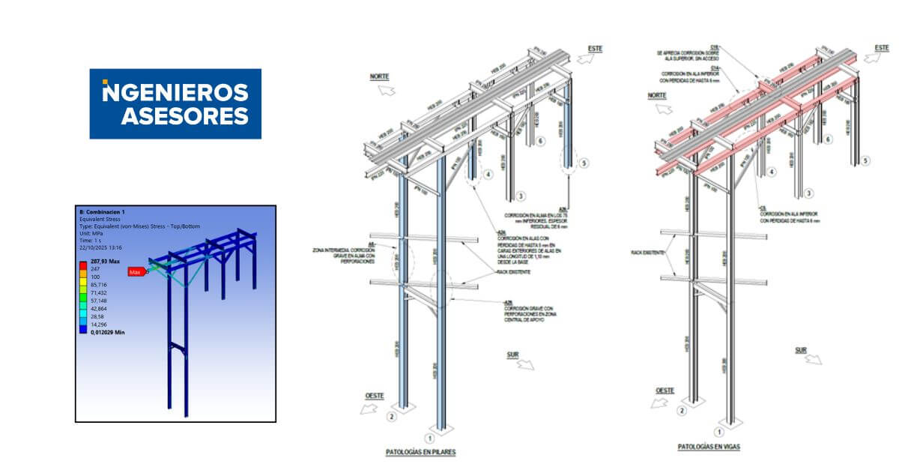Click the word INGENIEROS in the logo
pos(175,92)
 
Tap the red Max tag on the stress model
pos(136,272)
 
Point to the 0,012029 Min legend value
pos(107,332)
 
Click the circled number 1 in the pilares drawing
pos(429,438)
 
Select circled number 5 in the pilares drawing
pos(585,163)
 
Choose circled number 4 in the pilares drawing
pos(488,175)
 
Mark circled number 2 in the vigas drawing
pos(681,411)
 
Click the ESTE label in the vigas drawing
pos(882,48)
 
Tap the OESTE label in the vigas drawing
pos(665,391)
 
